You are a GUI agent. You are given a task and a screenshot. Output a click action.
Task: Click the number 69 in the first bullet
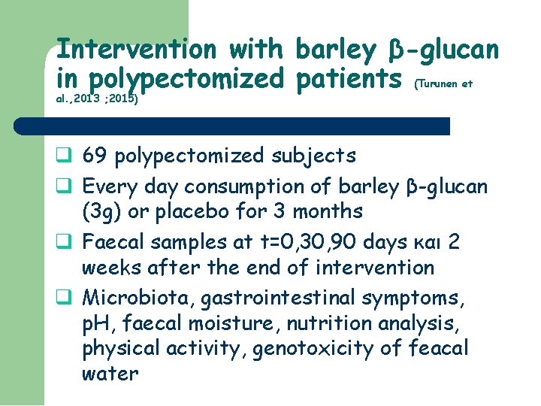(95, 156)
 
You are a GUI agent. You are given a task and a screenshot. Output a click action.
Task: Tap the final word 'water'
(110, 374)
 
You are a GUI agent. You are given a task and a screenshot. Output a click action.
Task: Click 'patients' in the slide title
(347, 77)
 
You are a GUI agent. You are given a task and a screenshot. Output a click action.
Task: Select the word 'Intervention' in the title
(137, 50)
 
